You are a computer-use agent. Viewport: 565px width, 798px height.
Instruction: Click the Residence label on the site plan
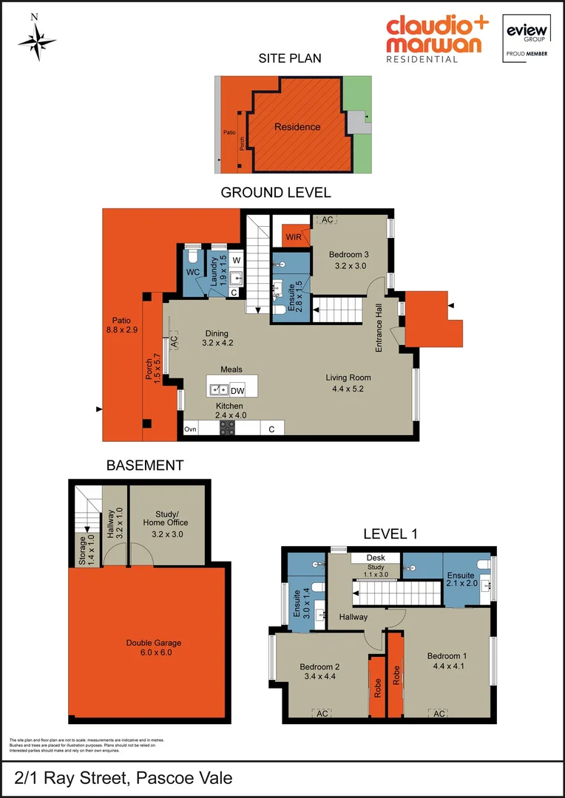tap(297, 127)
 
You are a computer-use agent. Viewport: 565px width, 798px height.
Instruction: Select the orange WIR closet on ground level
tap(295, 236)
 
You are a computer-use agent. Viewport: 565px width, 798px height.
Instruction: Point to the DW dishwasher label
tap(237, 390)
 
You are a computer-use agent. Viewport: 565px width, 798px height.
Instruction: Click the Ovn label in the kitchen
tap(190, 429)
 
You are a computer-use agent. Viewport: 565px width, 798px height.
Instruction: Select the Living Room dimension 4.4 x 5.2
tap(348, 388)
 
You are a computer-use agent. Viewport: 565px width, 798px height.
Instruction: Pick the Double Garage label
tap(154, 643)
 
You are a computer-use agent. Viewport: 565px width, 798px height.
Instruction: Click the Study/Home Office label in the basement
tap(166, 518)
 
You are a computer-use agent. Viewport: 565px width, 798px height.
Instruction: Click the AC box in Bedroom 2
tap(322, 714)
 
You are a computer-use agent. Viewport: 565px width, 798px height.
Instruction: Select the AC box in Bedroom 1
tap(439, 714)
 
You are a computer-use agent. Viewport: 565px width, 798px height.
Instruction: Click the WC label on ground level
tap(193, 272)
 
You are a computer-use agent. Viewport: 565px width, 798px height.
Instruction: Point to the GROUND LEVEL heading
tap(276, 193)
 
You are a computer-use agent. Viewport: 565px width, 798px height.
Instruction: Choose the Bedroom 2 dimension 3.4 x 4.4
tap(319, 675)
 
